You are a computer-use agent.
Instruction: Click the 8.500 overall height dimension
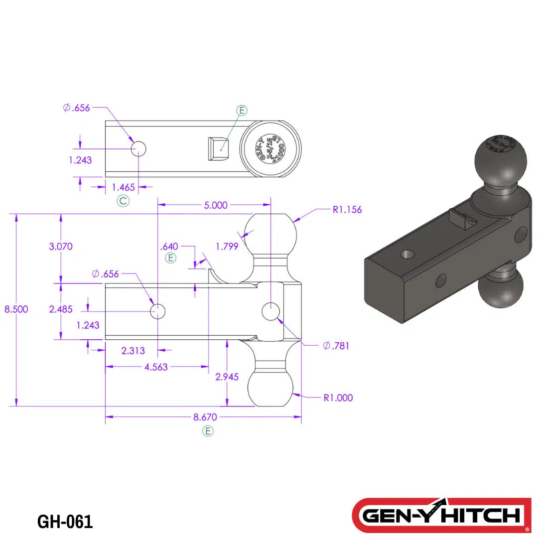(16, 309)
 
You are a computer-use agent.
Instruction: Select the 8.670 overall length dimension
(205, 417)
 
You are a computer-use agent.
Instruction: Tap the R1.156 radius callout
(347, 210)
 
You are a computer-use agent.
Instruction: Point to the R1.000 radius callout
(338, 398)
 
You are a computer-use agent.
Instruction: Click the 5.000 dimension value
(216, 205)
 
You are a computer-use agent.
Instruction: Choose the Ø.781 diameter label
(336, 346)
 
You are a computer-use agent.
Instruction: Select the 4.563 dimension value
(155, 367)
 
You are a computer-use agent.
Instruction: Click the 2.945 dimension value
(227, 377)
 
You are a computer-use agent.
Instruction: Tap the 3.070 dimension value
(61, 246)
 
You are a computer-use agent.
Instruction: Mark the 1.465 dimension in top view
(123, 187)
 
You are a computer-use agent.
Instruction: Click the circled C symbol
(123, 201)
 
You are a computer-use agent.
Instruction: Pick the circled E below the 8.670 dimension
(208, 431)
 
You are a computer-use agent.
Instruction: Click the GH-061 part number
(65, 522)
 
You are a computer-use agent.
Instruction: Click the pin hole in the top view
(138, 148)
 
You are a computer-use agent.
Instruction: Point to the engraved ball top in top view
(270, 148)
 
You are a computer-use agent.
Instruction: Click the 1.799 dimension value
(227, 246)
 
